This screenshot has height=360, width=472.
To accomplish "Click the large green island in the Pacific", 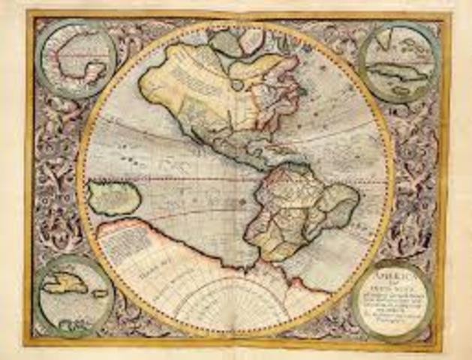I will pyautogui.click(x=113, y=198).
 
